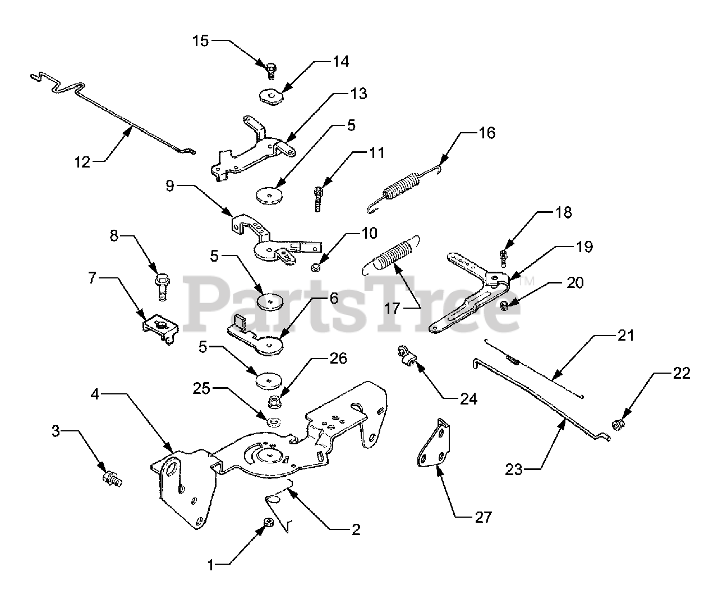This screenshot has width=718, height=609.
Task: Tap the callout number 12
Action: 82,162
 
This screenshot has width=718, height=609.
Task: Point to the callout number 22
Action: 682,373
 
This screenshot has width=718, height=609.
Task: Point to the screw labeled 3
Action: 112,479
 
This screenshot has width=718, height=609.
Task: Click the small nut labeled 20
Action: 504,305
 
